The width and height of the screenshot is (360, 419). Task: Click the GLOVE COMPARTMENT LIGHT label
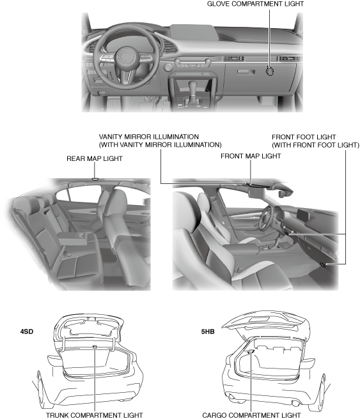[255, 4]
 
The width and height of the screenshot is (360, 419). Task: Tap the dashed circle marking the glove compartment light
[270, 71]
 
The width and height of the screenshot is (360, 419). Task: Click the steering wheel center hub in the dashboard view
[124, 56]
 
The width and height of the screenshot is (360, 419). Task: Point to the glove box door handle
[246, 72]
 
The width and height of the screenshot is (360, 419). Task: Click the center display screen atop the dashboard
[193, 33]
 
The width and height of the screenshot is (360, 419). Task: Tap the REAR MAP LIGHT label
[95, 158]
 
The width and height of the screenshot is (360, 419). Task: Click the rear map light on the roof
[95, 179]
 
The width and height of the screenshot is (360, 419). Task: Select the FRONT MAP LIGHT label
[251, 156]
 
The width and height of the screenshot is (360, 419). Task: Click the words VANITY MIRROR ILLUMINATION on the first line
[149, 137]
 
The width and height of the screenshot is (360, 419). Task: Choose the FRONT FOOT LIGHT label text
[304, 137]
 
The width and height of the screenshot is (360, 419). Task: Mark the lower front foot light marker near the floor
[323, 264]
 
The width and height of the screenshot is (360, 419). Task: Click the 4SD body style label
[27, 331]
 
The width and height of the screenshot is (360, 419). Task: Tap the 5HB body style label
[208, 331]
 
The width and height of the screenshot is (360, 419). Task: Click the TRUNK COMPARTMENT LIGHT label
[95, 415]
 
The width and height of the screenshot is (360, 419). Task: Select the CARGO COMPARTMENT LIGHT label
[251, 415]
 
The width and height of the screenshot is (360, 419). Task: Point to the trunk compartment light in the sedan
[95, 347]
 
